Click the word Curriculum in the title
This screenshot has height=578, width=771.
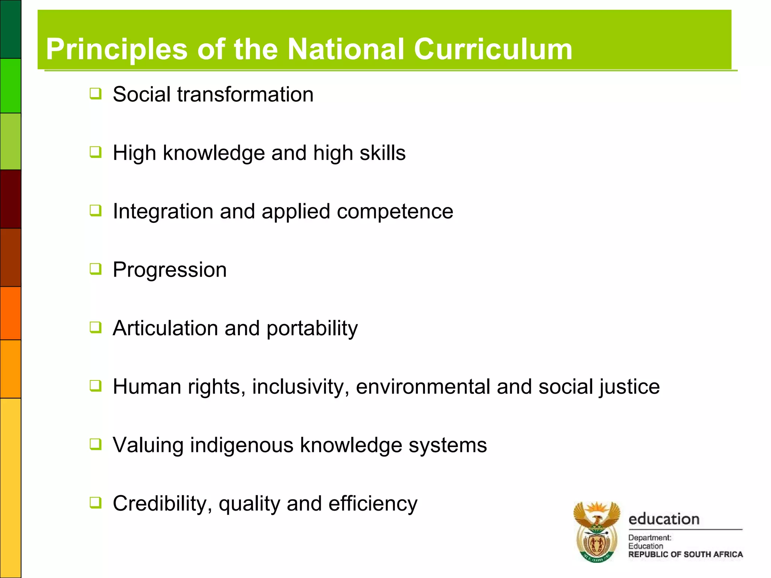tap(493, 49)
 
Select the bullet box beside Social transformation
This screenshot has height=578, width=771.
tap(96, 93)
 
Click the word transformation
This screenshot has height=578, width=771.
tap(245, 94)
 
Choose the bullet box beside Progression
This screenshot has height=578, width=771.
tap(96, 269)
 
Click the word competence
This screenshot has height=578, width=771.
tap(395, 211)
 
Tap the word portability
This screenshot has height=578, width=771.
tap(312, 329)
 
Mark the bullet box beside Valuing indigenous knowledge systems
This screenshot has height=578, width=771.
tap(96, 444)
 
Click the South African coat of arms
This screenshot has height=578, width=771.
tap(597, 531)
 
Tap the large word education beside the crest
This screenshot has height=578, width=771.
tap(664, 519)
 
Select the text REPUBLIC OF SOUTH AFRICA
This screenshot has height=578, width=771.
tap(685, 554)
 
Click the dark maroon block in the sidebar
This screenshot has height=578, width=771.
tap(11, 199)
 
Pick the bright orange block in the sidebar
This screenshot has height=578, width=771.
tap(11, 313)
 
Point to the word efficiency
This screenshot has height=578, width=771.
tap(373, 504)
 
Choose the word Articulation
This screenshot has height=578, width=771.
tap(165, 328)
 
